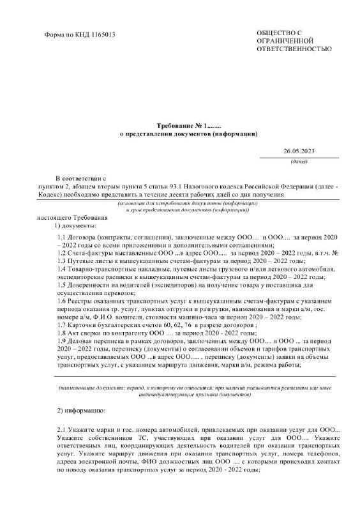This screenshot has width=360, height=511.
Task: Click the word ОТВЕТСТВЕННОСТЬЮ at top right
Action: (x=294, y=49)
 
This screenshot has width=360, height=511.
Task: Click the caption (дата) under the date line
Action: (x=299, y=162)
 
